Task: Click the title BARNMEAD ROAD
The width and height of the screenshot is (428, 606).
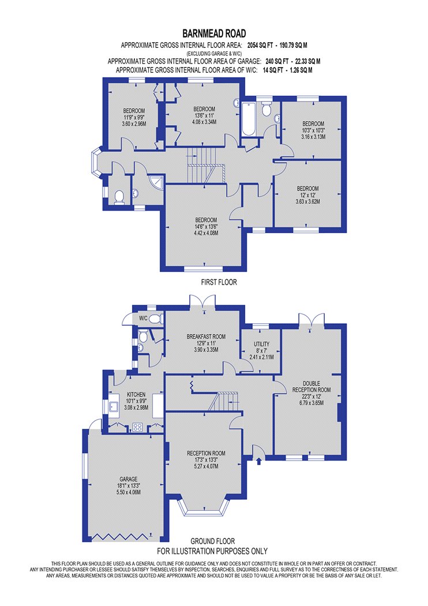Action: [x=214, y=33]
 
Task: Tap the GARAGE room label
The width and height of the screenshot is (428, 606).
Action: [x=128, y=479]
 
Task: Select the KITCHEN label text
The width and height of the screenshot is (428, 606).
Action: [x=136, y=395]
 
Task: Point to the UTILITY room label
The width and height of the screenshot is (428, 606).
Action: [x=261, y=344]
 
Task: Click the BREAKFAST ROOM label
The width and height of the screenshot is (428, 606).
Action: [x=206, y=336]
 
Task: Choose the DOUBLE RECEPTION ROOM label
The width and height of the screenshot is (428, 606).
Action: [x=311, y=387]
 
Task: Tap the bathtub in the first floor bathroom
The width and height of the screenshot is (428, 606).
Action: [x=249, y=119]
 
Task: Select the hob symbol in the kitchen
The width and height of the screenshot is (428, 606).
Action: [x=138, y=427]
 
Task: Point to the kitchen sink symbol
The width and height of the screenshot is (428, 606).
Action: [x=114, y=406]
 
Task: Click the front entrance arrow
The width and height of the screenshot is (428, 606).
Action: [x=258, y=461]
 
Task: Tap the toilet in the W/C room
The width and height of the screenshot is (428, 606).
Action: [x=156, y=319]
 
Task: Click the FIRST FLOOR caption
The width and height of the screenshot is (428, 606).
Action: [x=219, y=282]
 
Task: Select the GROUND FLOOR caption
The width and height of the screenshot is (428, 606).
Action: [x=212, y=541]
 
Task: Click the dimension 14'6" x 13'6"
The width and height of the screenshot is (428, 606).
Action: [x=206, y=226]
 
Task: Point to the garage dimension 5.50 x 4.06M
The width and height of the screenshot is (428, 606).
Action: [x=128, y=492]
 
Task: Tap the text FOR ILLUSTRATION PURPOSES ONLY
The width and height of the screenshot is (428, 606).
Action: [x=212, y=551]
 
